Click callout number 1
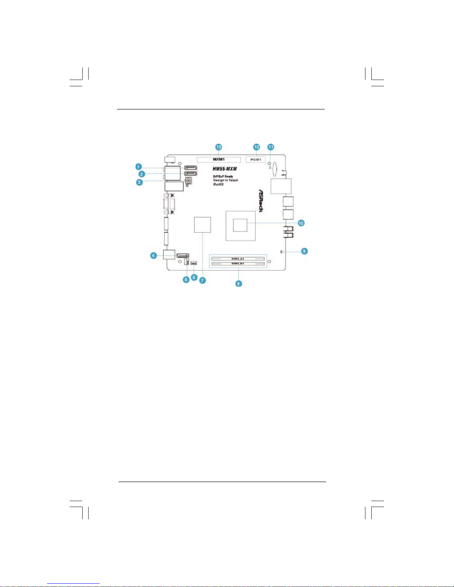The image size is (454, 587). click(x=138, y=167)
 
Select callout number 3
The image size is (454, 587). click(x=139, y=182)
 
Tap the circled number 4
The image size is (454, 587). click(x=153, y=255)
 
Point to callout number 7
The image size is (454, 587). click(x=202, y=280)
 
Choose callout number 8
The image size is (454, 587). click(x=239, y=284)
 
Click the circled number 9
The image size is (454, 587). click(x=304, y=251)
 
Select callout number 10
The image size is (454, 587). click(x=301, y=223)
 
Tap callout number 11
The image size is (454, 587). click(x=271, y=147)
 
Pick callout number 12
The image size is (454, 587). click(x=256, y=147)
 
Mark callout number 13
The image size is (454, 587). click(x=219, y=147)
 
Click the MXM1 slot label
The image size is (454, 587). click(x=219, y=160)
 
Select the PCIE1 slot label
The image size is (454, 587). click(x=255, y=160)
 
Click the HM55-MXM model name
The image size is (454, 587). click(x=225, y=169)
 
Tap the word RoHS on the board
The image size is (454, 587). click(x=218, y=184)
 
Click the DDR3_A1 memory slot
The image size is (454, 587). click(x=238, y=259)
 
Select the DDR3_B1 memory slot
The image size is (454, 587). click(x=238, y=263)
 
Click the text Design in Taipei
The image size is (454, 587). click(x=225, y=180)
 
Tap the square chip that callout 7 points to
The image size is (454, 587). click(x=202, y=225)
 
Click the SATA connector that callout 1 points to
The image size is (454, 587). click(x=190, y=168)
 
